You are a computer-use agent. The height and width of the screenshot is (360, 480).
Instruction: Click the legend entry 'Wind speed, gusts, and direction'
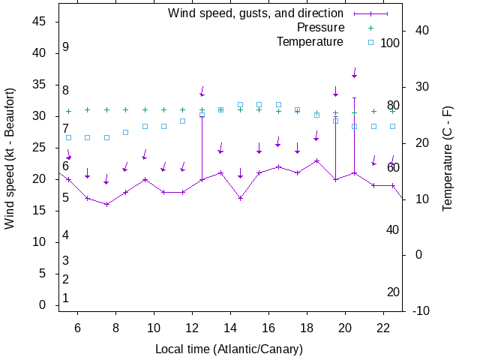[x=255, y=13]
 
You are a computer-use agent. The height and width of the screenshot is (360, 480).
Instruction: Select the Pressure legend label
[x=315, y=27]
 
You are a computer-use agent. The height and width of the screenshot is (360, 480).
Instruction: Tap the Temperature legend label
[x=309, y=41]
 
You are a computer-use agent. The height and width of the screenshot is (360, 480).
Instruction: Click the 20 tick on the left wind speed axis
[x=40, y=179]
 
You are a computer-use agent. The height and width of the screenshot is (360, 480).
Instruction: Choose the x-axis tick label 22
[x=383, y=328]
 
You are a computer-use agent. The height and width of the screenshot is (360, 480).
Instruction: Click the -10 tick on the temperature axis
[x=421, y=310]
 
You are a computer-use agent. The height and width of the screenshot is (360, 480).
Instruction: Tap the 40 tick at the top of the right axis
[x=421, y=31]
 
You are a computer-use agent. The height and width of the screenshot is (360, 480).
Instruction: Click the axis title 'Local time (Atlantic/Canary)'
[x=229, y=349]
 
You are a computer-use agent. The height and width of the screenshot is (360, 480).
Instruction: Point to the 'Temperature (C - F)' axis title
[x=448, y=158]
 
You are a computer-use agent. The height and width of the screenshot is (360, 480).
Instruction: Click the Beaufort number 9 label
[x=66, y=47]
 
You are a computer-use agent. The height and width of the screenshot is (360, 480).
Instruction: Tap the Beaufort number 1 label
[x=66, y=298]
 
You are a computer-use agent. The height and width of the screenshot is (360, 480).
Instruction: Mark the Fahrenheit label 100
[x=390, y=43]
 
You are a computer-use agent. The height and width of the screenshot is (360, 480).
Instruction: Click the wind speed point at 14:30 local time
[x=240, y=198]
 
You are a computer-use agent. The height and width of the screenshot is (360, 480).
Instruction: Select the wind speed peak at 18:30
[x=316, y=160]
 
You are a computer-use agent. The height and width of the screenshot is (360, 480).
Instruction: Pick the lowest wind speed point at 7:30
[x=106, y=204]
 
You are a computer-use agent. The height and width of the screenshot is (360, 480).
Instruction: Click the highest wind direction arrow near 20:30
[x=355, y=73]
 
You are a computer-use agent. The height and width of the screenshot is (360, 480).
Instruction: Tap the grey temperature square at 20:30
[x=355, y=126]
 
